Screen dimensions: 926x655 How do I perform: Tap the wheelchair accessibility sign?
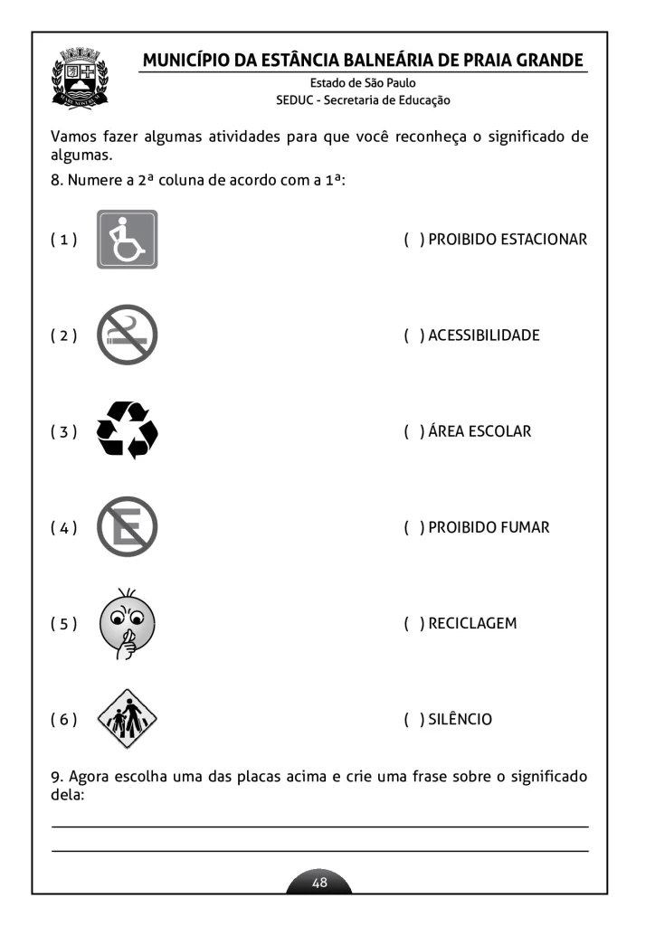pos(127,240)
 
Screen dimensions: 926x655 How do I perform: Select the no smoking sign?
pos(127,335)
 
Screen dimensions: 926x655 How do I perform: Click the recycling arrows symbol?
pos(127,430)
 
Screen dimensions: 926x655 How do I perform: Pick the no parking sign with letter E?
pos(127,527)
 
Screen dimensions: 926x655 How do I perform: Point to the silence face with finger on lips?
pos(127,623)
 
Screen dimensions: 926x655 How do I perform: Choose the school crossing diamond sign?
pos(127,719)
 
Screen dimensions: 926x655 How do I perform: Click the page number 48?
pos(319,883)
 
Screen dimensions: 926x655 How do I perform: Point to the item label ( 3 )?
pos(63,431)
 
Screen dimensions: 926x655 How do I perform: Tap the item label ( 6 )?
pos(63,719)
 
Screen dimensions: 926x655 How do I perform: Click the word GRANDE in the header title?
pos(546,61)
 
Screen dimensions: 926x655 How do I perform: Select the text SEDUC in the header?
pos(294,100)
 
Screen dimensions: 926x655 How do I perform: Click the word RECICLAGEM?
pos(472,623)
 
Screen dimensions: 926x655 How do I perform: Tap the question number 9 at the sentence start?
pos(55,776)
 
